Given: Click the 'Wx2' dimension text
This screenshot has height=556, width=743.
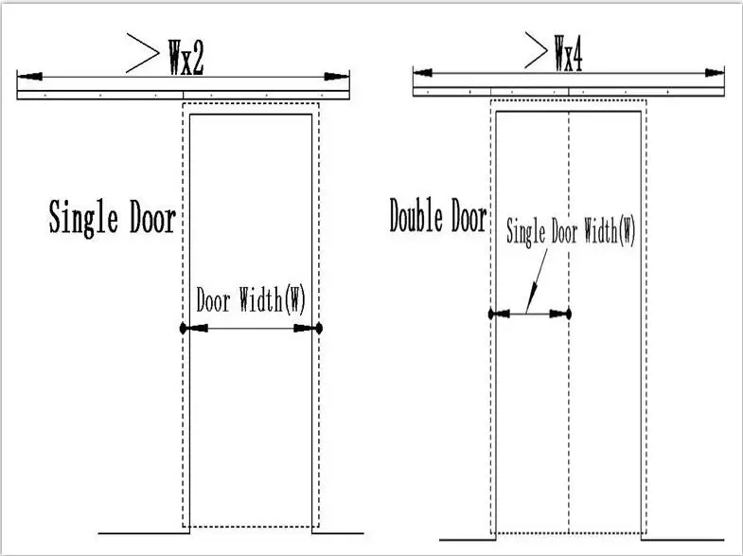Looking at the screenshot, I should point(186,58).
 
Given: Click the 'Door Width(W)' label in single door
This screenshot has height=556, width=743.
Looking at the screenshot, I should point(251,300).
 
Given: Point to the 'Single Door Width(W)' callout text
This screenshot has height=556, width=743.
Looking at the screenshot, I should point(571,231).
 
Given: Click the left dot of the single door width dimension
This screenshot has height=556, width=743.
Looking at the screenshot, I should point(183,329).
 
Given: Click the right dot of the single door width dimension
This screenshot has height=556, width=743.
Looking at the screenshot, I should point(320,329).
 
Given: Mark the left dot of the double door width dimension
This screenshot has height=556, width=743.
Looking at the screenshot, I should point(490,314).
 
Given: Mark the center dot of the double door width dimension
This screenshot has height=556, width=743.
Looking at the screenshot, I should point(567,314).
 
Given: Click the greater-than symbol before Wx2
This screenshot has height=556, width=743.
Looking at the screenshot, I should point(142,56).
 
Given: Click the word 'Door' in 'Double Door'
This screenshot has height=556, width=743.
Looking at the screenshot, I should point(468,217).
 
